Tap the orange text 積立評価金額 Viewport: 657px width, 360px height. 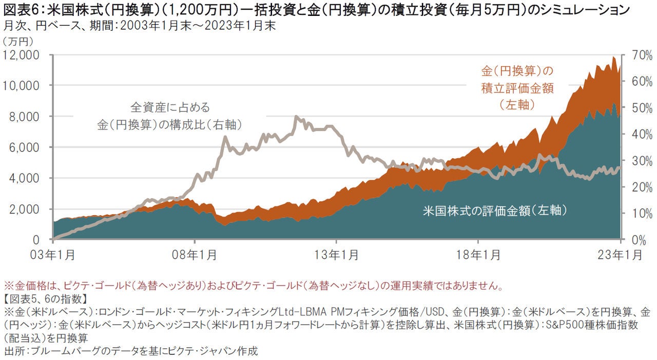click(x=517, y=88)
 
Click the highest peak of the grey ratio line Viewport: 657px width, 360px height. click(x=296, y=117)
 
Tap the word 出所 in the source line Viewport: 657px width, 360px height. click(x=15, y=351)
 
